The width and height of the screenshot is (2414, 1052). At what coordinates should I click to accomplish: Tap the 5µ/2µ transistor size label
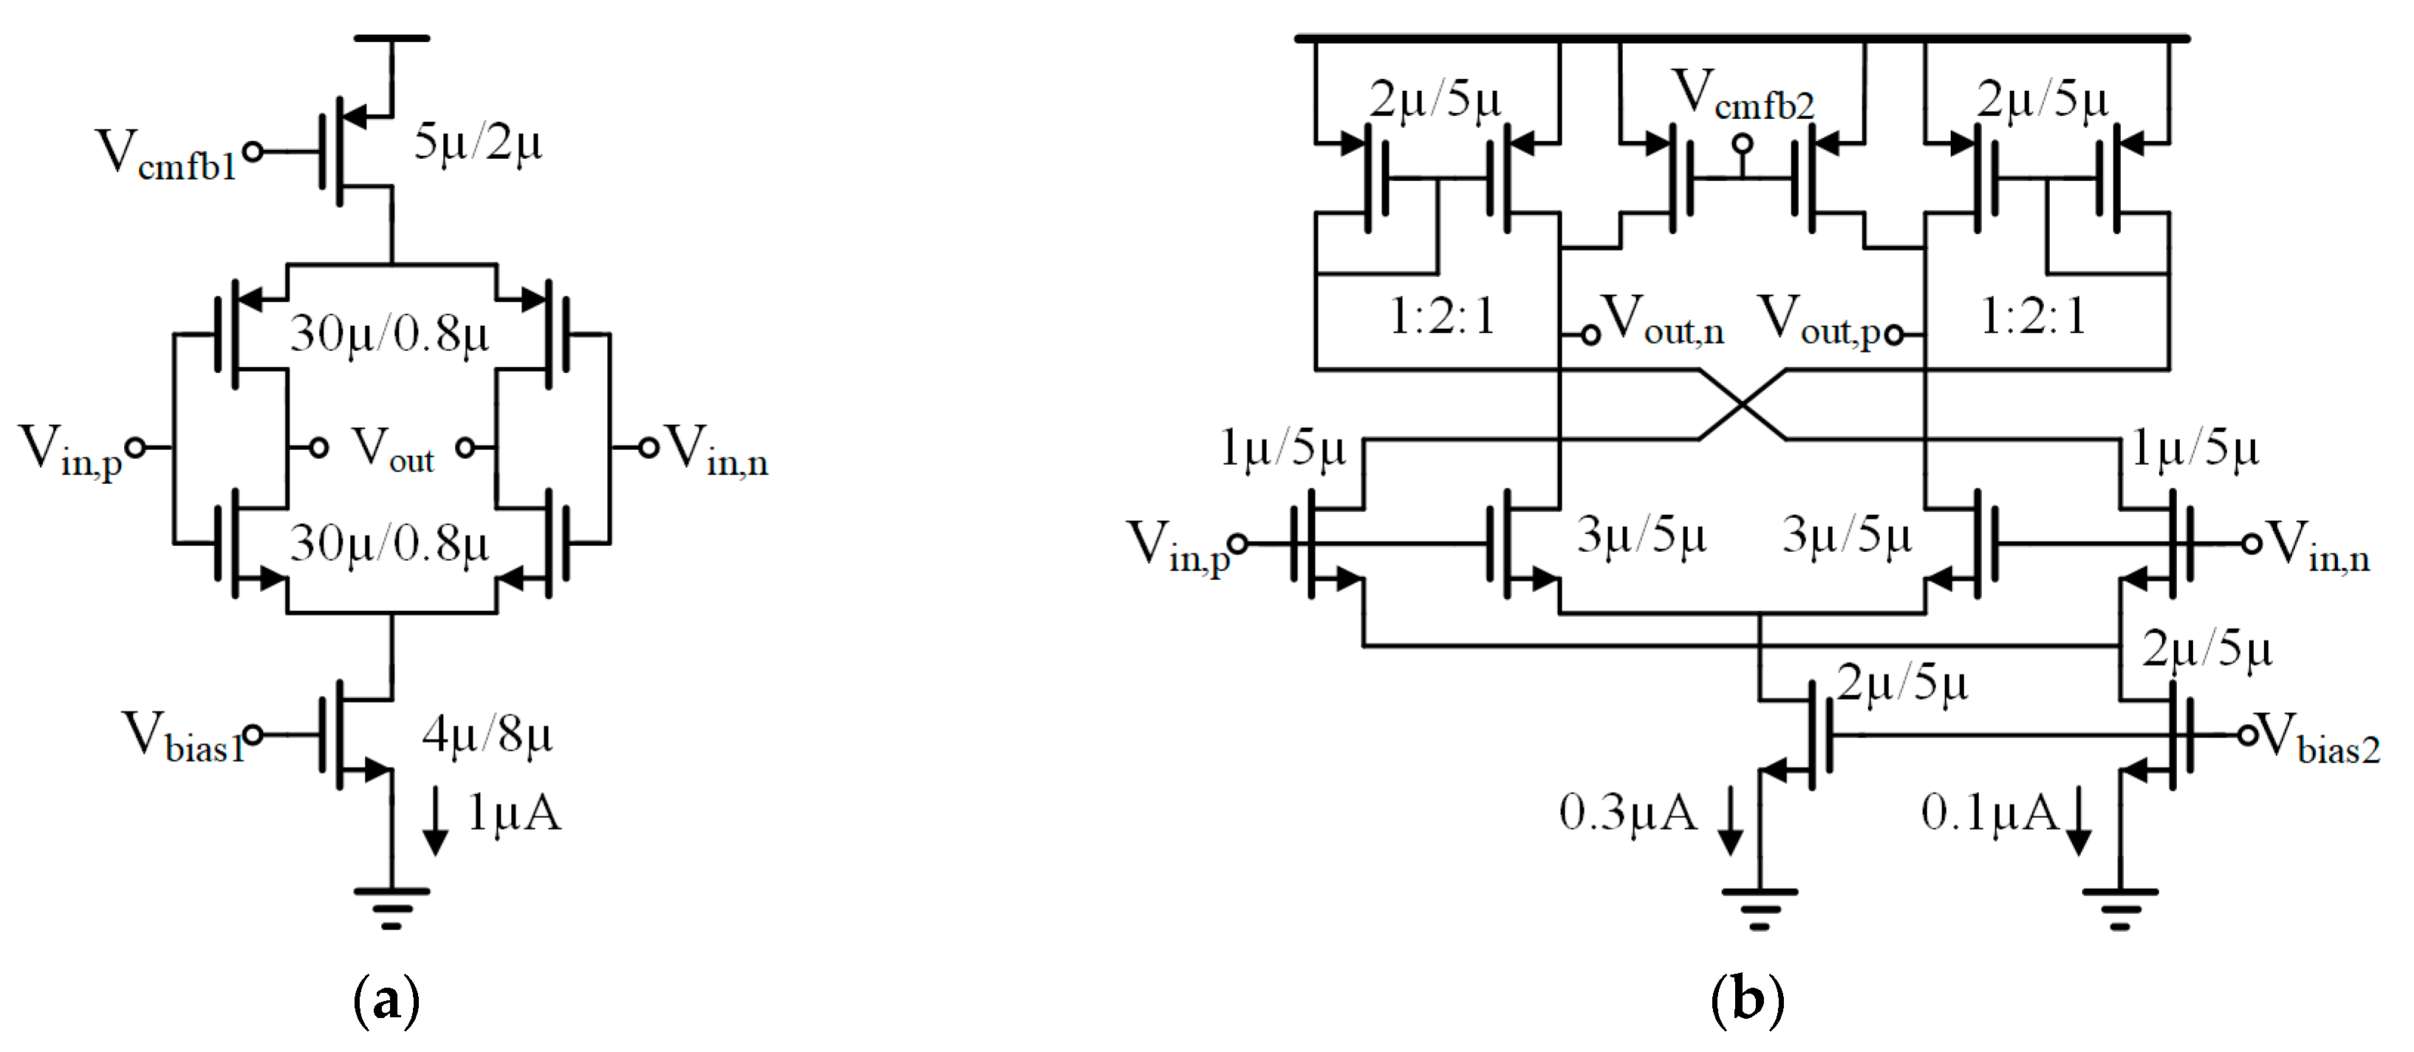[478, 143]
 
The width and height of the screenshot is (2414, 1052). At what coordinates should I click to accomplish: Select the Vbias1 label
[182, 738]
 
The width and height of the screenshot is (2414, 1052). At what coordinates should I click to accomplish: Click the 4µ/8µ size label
[486, 734]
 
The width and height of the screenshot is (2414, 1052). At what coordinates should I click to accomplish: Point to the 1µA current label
[513, 812]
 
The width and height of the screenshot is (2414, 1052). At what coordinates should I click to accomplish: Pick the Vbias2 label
[2319, 740]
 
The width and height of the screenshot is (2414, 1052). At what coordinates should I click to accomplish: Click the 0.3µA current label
[1628, 812]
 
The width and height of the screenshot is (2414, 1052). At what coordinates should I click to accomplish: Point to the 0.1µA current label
[1989, 812]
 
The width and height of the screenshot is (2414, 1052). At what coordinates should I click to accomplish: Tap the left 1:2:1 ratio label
[1441, 316]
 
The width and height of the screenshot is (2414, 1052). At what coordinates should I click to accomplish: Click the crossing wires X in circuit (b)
[1742, 405]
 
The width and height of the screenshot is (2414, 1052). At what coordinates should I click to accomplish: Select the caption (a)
[386, 1000]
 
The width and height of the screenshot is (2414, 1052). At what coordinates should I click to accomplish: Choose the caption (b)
[1747, 1000]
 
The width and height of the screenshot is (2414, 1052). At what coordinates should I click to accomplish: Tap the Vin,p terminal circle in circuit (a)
[136, 448]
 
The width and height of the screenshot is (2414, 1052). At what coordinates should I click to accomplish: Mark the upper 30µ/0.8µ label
[389, 333]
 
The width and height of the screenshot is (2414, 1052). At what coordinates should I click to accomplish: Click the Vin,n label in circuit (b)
[2319, 547]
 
